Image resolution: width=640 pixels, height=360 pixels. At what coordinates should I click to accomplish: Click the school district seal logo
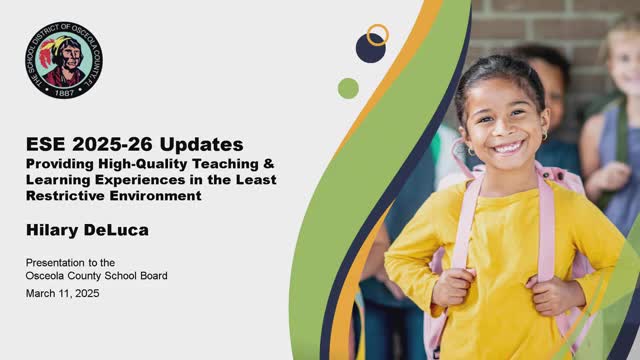[x=64, y=60]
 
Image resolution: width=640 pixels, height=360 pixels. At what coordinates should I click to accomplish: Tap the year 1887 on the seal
[x=64, y=93]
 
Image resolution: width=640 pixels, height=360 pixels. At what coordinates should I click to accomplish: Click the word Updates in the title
[x=201, y=144]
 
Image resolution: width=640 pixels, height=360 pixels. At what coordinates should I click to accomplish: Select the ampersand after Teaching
[x=268, y=164]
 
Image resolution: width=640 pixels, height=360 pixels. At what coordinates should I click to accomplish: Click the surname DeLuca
[x=116, y=230]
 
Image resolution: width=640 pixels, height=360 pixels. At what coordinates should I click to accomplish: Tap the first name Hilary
[x=52, y=231]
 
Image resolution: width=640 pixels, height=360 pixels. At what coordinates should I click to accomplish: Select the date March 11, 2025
[x=62, y=293]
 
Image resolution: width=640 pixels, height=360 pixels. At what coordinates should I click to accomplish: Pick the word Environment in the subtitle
[x=156, y=196]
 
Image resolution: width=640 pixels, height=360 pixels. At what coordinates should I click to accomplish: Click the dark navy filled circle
[x=371, y=48]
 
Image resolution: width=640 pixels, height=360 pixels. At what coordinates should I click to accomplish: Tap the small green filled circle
[x=348, y=88]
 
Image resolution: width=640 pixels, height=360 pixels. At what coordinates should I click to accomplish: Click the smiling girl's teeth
[x=508, y=147]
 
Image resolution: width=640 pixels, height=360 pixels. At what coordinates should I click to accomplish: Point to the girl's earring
[x=544, y=135]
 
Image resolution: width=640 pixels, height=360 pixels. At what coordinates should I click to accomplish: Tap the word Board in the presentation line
[x=154, y=276]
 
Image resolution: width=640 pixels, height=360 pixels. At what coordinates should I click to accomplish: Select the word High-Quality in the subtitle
[x=143, y=164]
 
